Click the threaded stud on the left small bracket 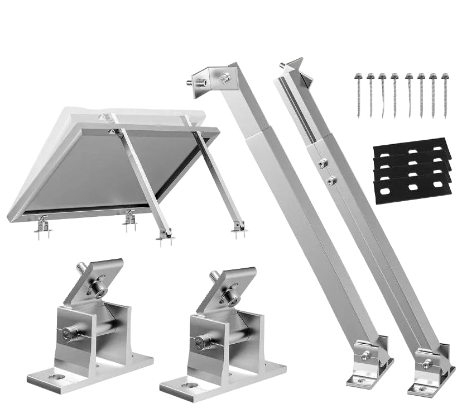(82, 268)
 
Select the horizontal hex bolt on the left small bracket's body (68, 334)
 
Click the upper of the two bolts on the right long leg (323, 163)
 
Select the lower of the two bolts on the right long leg (331, 181)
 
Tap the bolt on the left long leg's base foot (365, 355)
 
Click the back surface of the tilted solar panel (100, 168)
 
